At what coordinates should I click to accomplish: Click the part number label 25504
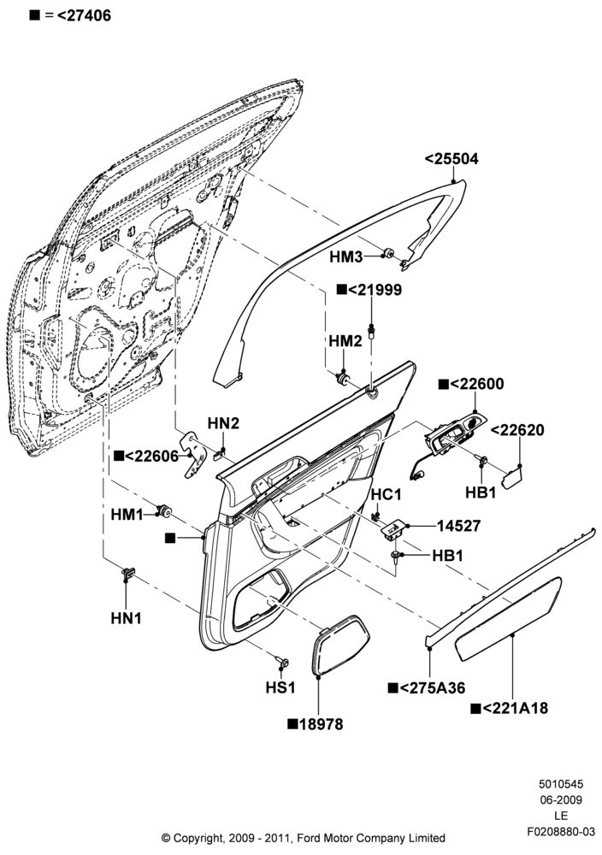click(x=451, y=159)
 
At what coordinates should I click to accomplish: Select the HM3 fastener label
click(x=346, y=256)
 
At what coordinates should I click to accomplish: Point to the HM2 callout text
click(x=345, y=341)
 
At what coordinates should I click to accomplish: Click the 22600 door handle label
click(x=471, y=384)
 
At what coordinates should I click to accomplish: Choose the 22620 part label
click(x=517, y=430)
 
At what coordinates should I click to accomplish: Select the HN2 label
click(x=223, y=423)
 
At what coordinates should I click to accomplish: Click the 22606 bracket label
click(x=146, y=456)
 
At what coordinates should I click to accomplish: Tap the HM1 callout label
click(x=127, y=514)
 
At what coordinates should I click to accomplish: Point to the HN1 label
click(x=126, y=618)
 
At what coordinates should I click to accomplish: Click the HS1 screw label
click(x=280, y=687)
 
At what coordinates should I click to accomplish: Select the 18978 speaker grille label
click(x=316, y=724)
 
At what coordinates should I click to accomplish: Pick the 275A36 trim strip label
click(x=427, y=688)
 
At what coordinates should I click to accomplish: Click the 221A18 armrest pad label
click(x=509, y=708)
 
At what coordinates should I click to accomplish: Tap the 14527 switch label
click(x=458, y=526)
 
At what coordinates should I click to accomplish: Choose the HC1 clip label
click(x=386, y=494)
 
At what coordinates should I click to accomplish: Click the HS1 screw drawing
click(x=283, y=662)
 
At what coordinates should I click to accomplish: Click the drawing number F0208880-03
click(x=561, y=832)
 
